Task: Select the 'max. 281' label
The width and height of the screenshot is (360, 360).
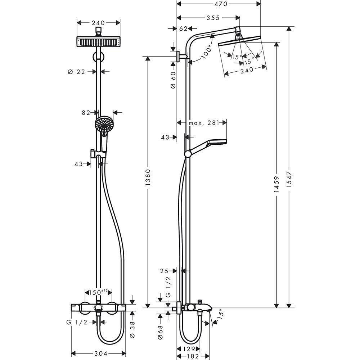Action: coord(204,123)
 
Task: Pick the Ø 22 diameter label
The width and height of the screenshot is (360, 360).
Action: coord(76,72)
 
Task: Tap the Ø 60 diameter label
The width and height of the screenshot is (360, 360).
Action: coord(173,80)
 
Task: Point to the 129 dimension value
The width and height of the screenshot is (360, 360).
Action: coord(188,348)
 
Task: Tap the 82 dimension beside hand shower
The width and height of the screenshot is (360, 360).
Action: coord(86,113)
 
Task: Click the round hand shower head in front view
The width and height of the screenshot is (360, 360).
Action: coord(103,124)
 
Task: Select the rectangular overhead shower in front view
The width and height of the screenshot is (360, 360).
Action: coord(98,42)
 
